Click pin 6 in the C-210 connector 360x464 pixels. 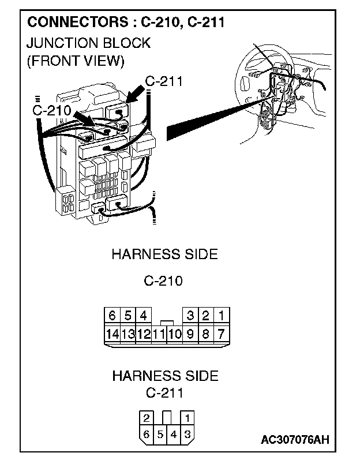(x=112, y=316)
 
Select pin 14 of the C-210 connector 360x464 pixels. (x=112, y=333)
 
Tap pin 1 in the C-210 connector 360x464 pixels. (x=221, y=316)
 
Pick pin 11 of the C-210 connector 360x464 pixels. (x=159, y=333)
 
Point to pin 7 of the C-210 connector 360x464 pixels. (x=221, y=333)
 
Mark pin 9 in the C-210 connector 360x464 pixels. (x=190, y=333)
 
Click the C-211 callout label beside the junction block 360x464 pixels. (x=164, y=81)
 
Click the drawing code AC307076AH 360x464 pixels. (x=295, y=440)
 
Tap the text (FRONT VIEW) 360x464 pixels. (x=75, y=61)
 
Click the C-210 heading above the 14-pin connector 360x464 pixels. (x=163, y=282)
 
